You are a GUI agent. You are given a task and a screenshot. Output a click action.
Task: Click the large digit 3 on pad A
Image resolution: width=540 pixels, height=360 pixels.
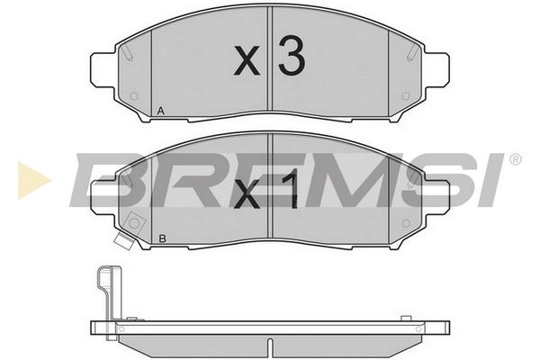[x=292, y=56]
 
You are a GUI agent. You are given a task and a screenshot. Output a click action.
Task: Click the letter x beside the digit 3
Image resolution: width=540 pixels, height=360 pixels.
[x=247, y=61]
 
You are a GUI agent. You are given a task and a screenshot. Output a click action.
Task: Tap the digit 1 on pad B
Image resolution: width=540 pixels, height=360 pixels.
[x=291, y=191]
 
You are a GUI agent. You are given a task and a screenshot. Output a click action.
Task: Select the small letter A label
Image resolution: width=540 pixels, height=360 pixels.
[x=160, y=111]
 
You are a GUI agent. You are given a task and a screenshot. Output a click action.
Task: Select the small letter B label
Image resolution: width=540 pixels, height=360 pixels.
[x=162, y=238]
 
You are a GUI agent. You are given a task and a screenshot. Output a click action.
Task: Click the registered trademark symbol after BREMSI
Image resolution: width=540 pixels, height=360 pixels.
[x=515, y=159]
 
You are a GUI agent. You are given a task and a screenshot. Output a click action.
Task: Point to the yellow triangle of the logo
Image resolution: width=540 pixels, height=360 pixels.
[x=33, y=180]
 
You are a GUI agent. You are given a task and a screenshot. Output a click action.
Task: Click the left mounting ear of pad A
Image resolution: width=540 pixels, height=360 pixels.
[x=103, y=70]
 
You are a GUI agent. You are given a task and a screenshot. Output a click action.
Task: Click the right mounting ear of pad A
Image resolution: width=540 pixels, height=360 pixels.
[x=437, y=70]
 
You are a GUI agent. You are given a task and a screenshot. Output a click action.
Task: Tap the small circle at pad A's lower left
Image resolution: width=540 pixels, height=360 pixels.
[x=134, y=96]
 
